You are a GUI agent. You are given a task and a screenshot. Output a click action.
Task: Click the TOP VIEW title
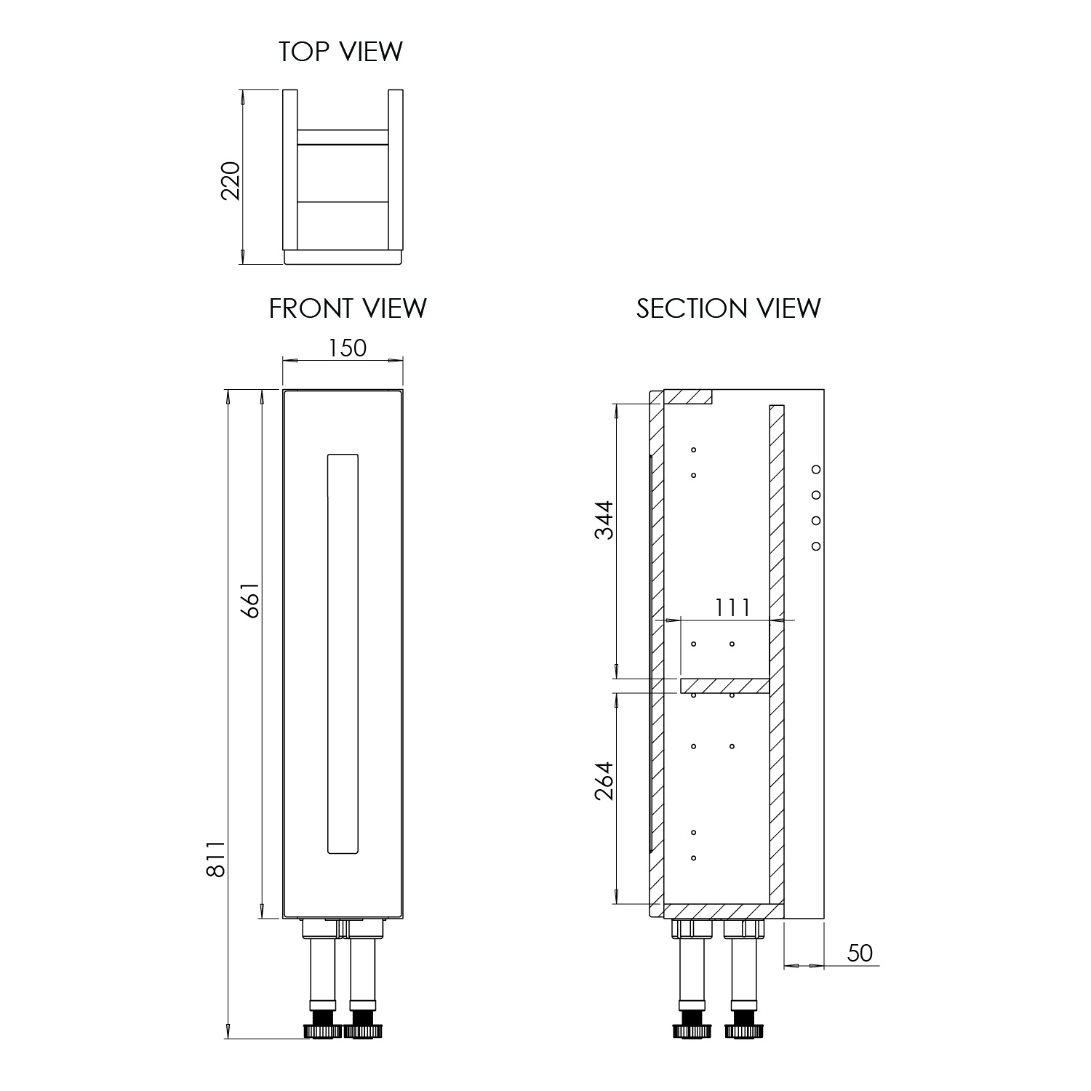[x=340, y=52]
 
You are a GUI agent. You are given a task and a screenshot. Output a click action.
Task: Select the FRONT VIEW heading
[x=348, y=308]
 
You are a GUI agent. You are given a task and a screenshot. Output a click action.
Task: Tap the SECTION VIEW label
[x=729, y=308]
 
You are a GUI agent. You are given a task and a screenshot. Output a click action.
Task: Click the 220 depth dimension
[x=230, y=181]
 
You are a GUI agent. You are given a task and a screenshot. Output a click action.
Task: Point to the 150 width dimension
[x=347, y=348]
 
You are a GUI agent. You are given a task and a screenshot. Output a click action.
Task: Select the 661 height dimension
[x=250, y=599]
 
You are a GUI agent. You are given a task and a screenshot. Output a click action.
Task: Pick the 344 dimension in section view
[x=604, y=519]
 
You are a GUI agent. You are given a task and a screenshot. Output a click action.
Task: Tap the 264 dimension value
[x=604, y=780]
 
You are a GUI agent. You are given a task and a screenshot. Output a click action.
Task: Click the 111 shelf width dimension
[x=732, y=607]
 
